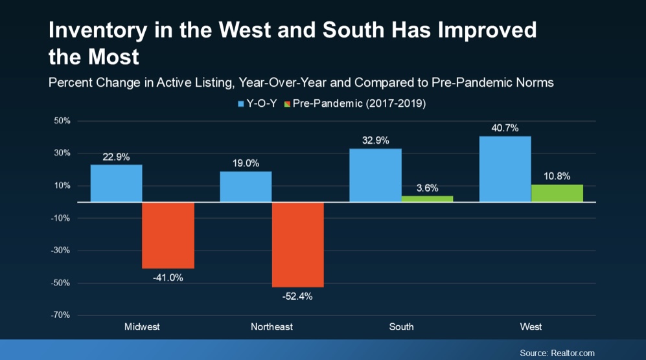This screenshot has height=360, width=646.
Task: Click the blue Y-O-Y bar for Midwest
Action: pyautogui.click(x=116, y=183)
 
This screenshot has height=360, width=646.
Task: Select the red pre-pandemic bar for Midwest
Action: pyautogui.click(x=168, y=235)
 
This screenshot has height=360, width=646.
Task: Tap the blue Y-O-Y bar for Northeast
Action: pyautogui.click(x=246, y=186)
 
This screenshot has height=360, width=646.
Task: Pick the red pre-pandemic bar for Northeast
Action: pyautogui.click(x=297, y=244)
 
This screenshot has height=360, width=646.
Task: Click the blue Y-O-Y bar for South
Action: pyautogui.click(x=375, y=175)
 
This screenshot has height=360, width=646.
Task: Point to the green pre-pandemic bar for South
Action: pyautogui.click(x=427, y=199)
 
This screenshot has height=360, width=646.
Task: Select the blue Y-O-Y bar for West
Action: pyautogui.click(x=505, y=169)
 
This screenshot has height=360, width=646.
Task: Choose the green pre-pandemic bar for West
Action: pyautogui.click(x=557, y=193)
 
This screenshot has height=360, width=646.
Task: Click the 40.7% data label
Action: pyautogui.click(x=505, y=128)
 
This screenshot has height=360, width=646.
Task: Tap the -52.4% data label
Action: pyautogui.click(x=297, y=297)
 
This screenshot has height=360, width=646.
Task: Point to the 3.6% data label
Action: pyautogui.click(x=427, y=188)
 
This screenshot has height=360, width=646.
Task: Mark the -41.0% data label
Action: pyautogui.click(x=168, y=278)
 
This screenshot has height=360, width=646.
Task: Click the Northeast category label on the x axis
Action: pyautogui.click(x=271, y=327)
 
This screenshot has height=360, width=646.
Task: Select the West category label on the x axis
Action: pyautogui.click(x=531, y=327)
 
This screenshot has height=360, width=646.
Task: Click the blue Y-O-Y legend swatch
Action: pyautogui.click(x=242, y=104)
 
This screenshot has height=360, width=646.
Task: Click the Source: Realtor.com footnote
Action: pyautogui.click(x=557, y=353)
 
